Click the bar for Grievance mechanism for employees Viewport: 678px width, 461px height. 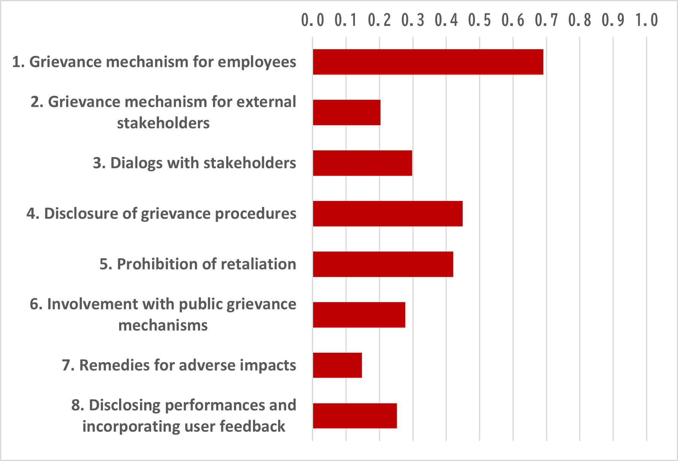pos(428,62)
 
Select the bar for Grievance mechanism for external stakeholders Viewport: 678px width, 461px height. pos(347,112)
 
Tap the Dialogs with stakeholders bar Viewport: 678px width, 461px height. pos(362,163)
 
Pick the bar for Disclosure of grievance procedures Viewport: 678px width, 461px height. pos(388,213)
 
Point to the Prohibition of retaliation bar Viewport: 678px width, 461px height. pos(383,264)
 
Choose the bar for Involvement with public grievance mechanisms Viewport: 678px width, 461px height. pos(359,315)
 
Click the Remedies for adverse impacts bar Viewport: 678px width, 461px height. pos(337,365)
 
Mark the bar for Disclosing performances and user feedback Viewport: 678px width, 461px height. pos(355,416)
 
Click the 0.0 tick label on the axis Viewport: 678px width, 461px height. pos(313,20)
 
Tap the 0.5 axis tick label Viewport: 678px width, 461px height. pos(479,20)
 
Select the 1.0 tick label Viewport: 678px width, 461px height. pos(647,20)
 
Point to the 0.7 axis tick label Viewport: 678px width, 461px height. pos(546,20)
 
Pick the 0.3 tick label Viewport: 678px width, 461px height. pos(413,20)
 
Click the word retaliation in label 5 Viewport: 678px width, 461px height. pos(258,264)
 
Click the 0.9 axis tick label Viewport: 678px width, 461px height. pos(613,20)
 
